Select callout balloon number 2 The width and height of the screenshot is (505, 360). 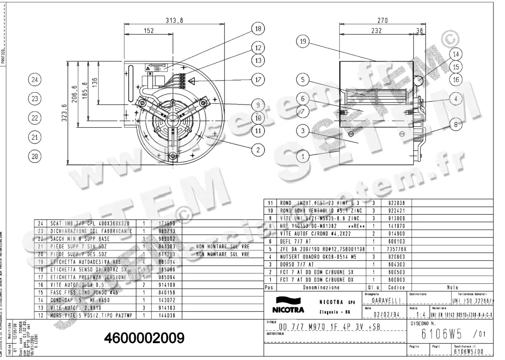[258, 149]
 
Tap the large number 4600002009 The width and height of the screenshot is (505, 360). [143, 337]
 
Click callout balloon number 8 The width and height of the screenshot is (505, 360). [457, 124]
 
